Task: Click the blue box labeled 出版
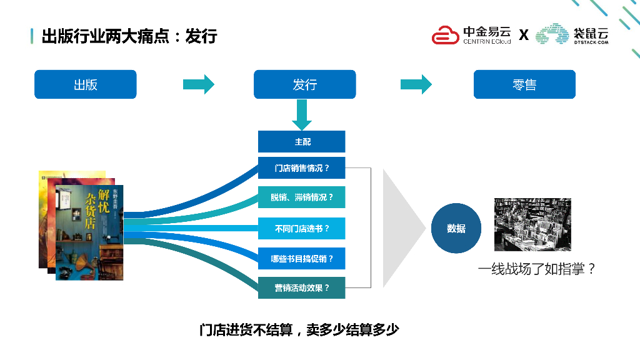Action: [x=85, y=84]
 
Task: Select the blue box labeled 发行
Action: [x=304, y=84]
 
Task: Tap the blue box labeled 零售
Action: [x=524, y=84]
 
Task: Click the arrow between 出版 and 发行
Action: [x=198, y=84]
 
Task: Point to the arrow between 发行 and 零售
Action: [x=416, y=84]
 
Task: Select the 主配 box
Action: [x=302, y=142]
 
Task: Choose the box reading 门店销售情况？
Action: [x=302, y=168]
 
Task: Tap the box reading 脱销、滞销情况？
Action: [x=302, y=197]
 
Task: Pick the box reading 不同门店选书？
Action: [x=302, y=228]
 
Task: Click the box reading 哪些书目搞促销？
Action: [x=302, y=258]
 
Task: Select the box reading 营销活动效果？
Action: [x=302, y=288]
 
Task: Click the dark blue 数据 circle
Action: [x=456, y=228]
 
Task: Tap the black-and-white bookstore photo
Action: [x=532, y=224]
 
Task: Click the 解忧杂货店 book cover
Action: [x=89, y=231]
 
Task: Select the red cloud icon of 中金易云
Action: [x=446, y=35]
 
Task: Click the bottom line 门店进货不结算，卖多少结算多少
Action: [x=299, y=330]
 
